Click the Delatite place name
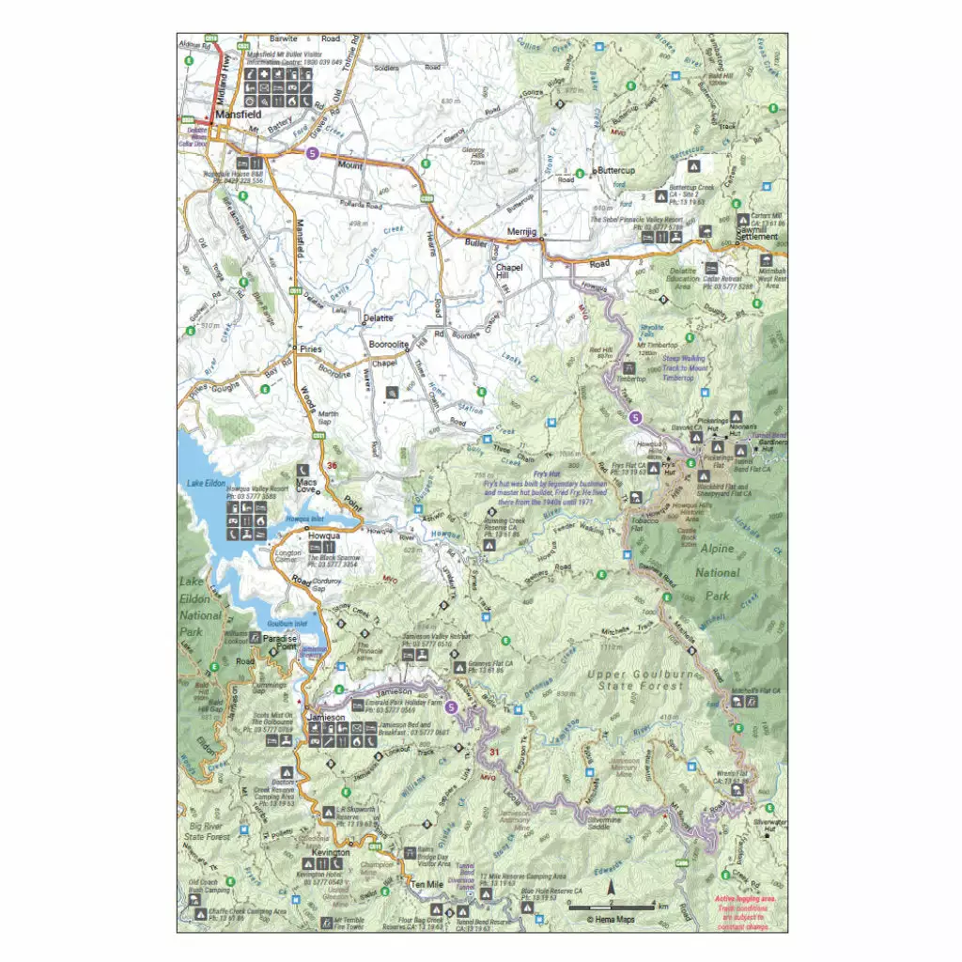(377, 318)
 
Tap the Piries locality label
(310, 349)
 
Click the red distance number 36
(330, 466)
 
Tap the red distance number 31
(494, 752)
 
